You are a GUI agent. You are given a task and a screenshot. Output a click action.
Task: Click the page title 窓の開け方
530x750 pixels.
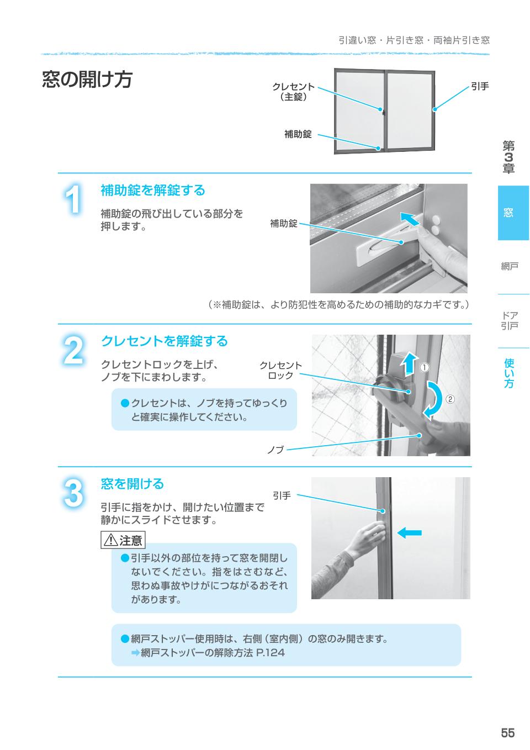pyautogui.click(x=87, y=80)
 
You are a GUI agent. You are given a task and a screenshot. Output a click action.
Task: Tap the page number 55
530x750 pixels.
pyautogui.click(x=507, y=732)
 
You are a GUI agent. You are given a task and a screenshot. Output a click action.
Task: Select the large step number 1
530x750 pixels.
pyautogui.click(x=73, y=199)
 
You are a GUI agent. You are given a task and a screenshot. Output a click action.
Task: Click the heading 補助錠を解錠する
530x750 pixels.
pyautogui.click(x=153, y=191)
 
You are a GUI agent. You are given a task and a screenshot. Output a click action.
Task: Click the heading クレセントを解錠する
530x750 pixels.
pyautogui.click(x=164, y=341)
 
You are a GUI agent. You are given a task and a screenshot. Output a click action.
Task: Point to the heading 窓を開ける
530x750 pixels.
pyautogui.click(x=132, y=484)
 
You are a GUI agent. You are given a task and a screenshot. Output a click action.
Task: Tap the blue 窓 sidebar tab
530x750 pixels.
pyautogui.click(x=513, y=213)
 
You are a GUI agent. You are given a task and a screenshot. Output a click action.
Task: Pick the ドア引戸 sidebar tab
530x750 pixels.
pyautogui.click(x=509, y=321)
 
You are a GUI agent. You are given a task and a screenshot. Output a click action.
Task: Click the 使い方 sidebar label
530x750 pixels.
pyautogui.click(x=508, y=373)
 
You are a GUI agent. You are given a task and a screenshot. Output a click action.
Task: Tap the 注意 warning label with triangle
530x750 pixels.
pyautogui.click(x=123, y=540)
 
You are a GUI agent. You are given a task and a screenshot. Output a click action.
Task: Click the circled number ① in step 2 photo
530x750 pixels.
pyautogui.click(x=425, y=367)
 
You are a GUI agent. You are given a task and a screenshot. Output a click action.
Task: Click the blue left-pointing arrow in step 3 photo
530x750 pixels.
pyautogui.click(x=409, y=532)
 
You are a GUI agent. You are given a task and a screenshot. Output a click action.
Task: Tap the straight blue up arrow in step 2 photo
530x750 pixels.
pyautogui.click(x=408, y=365)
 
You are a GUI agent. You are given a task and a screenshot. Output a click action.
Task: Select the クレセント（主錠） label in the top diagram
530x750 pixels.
pyautogui.click(x=293, y=92)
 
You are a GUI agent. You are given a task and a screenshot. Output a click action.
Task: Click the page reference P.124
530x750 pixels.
pyautogui.click(x=271, y=653)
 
